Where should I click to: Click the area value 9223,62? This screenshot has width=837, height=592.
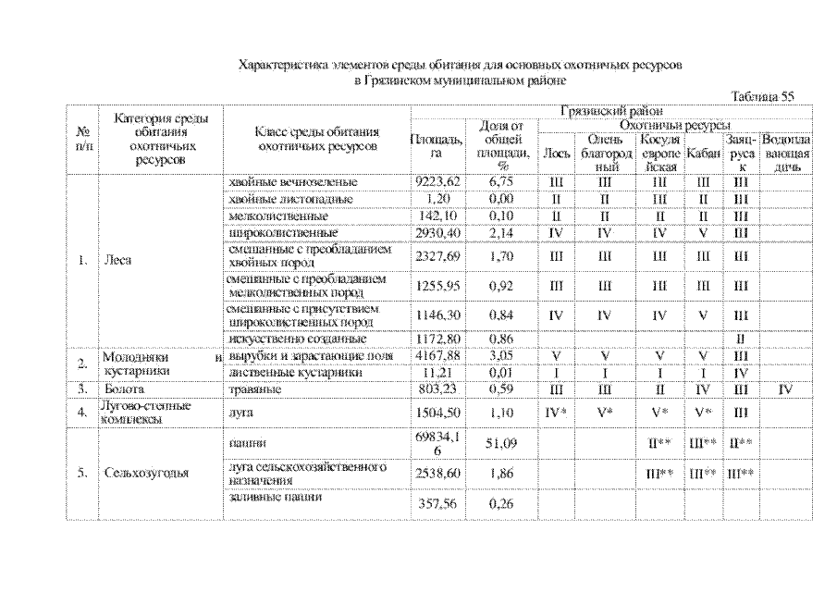coord(437,183)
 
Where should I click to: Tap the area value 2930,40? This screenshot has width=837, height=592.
coord(437,231)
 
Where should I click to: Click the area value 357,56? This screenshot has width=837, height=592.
coord(437,504)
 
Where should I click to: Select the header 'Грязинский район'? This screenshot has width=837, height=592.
coord(612,111)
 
